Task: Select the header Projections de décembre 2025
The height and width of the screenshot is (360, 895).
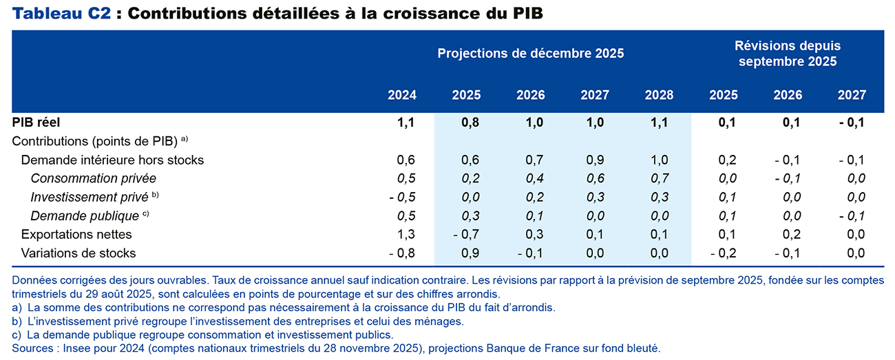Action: [530, 53]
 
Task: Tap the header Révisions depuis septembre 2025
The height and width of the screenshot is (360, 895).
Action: [788, 54]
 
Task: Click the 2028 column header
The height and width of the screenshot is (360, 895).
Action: [660, 95]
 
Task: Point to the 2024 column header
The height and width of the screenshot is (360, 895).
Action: [402, 95]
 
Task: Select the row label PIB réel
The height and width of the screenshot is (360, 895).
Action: [36, 123]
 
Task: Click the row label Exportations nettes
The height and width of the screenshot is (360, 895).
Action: [76, 235]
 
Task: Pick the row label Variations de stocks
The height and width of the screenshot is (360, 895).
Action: [78, 253]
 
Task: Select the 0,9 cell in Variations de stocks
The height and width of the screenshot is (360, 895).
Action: [470, 253]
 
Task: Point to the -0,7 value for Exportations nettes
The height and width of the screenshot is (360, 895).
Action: [467, 235]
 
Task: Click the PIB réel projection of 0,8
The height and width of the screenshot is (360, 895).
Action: [470, 123]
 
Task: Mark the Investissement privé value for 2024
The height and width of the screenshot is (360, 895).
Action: [402, 198]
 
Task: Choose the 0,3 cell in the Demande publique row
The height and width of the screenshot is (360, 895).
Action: [470, 216]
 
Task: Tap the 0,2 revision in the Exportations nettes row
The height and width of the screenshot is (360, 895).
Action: [790, 235]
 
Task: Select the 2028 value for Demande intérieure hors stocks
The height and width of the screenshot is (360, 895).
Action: [660, 160]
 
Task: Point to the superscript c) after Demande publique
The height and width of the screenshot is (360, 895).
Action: [145, 213]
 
